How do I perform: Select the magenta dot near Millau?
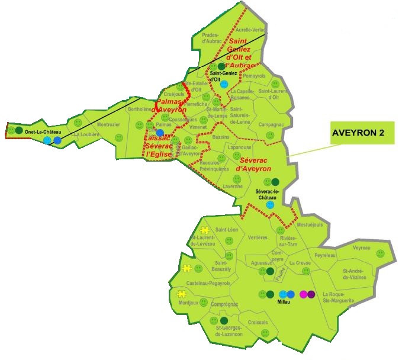point(304,294)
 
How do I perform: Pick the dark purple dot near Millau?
point(311,294)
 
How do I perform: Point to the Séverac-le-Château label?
point(269,195)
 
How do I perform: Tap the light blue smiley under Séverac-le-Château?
point(270,204)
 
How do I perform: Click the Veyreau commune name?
point(362,248)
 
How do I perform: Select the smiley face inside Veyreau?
point(380,253)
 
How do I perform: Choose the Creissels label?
point(258,323)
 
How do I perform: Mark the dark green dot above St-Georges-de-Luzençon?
point(223,321)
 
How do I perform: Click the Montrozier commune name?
point(108,125)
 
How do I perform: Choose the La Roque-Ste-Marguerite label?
point(339,297)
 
